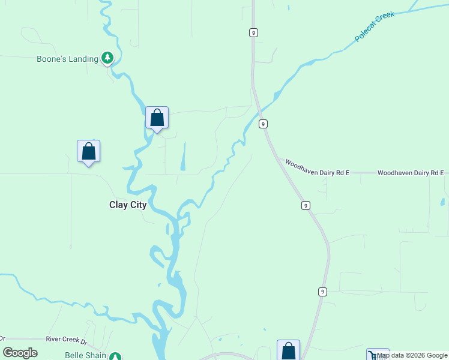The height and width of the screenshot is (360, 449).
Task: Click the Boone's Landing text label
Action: [67, 59]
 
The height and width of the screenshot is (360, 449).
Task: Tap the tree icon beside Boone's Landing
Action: [107, 58]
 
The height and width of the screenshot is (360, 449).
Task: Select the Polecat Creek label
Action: [375, 27]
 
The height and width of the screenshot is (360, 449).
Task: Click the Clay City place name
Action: [128, 205]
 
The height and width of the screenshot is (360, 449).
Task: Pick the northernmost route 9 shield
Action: [254, 32]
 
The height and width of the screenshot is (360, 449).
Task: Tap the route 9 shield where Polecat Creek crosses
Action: [263, 124]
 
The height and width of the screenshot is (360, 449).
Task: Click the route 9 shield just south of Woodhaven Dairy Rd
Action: [306, 205]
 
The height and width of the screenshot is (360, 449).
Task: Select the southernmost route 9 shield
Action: [322, 292]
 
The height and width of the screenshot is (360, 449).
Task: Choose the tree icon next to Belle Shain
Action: [115, 356]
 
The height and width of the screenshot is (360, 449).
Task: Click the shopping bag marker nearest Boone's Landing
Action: [157, 118]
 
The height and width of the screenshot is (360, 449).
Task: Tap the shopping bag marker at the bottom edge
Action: [288, 350]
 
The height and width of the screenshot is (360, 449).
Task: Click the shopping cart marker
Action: [378, 355]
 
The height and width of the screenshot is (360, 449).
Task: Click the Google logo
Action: [20, 353]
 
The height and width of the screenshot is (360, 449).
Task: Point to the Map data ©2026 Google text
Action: [412, 355]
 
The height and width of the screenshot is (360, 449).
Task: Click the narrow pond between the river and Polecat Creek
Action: [183, 157]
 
